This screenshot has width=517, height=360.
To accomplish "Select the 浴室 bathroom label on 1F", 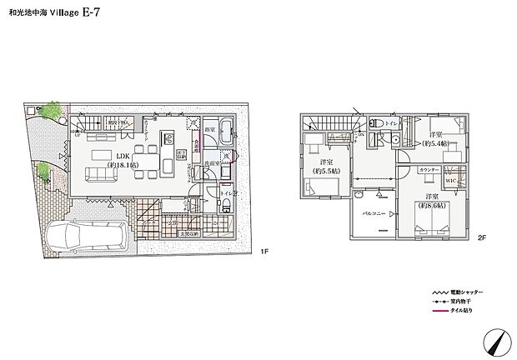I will (208, 130).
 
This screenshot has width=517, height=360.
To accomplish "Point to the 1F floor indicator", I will (264, 251).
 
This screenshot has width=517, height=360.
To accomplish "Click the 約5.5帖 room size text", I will (325, 171).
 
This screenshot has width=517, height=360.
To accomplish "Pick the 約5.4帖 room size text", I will (436, 143).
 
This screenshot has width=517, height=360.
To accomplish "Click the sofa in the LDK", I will (102, 173).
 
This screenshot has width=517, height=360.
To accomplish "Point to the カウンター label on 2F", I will (429, 169).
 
